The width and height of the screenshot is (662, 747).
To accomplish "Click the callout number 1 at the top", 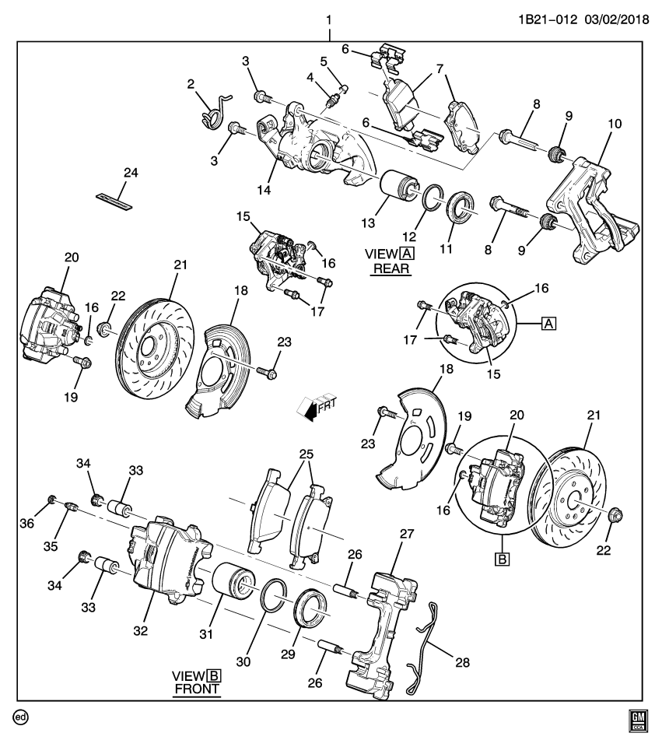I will click(x=329, y=17).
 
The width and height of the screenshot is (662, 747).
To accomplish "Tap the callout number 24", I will click(x=130, y=173).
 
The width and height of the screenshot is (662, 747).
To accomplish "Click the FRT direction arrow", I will click(x=314, y=407).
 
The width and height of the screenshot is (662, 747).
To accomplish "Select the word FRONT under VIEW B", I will click(x=197, y=689).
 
